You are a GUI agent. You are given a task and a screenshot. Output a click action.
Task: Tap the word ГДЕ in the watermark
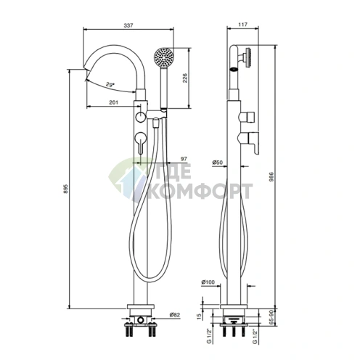(x=168, y=174)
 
